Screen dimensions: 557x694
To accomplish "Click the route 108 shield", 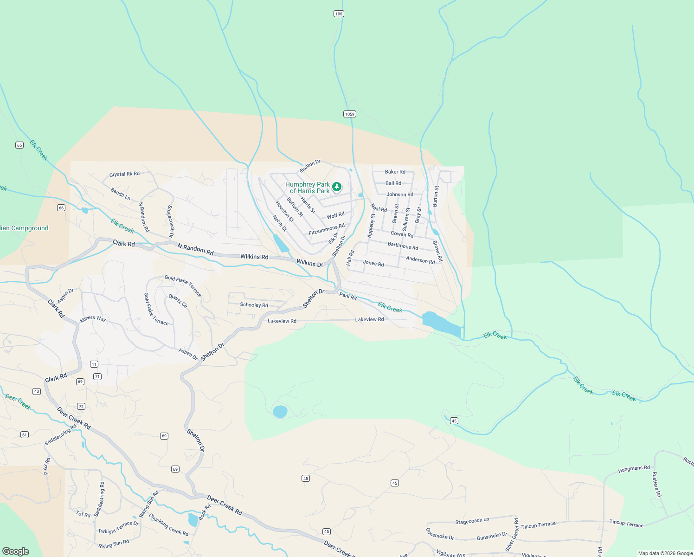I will point(339,14).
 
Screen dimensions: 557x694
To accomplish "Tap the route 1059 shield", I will point(350,114).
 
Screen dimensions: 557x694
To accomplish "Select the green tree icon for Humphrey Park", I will point(337,187).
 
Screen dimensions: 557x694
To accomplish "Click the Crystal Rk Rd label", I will point(124,174).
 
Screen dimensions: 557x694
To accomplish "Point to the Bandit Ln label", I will point(121,194).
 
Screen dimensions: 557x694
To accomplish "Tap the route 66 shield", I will point(61,207).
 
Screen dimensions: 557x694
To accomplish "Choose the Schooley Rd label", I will point(254,305).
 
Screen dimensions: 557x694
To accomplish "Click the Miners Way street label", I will point(93,319).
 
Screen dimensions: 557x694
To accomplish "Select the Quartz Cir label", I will point(178,301).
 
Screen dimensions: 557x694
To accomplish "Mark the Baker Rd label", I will point(395,172).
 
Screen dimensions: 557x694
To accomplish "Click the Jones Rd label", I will point(373,264).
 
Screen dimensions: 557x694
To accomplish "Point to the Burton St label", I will point(436,196).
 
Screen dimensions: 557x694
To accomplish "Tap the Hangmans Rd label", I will point(634,469).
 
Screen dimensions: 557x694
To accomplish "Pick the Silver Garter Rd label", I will point(513,535).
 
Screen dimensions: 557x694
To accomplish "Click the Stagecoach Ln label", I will point(472,521).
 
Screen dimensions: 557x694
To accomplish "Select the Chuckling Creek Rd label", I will point(168,525).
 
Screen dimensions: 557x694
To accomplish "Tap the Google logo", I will point(16,551).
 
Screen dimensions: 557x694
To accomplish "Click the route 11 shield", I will point(94,364).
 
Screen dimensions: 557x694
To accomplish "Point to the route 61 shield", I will point(25,435).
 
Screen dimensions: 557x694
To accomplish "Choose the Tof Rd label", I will point(83,514).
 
